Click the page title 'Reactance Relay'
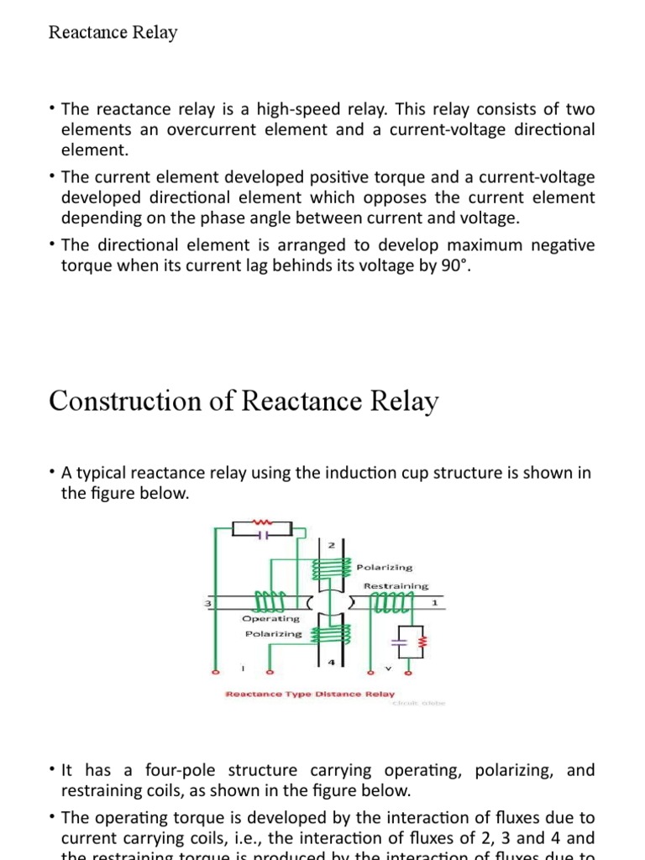pyautogui.click(x=113, y=33)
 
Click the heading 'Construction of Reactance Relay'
pyautogui.click(x=244, y=401)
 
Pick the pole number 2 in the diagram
pyautogui.click(x=330, y=545)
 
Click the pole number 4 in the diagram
pyautogui.click(x=330, y=663)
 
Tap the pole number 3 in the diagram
pyautogui.click(x=207, y=604)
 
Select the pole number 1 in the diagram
pyautogui.click(x=434, y=603)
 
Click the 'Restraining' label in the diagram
pyautogui.click(x=396, y=585)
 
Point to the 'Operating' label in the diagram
pyautogui.click(x=270, y=619)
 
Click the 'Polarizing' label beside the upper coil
pyautogui.click(x=385, y=568)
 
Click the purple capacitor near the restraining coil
pyautogui.click(x=400, y=643)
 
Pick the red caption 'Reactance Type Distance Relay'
pyautogui.click(x=310, y=695)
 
